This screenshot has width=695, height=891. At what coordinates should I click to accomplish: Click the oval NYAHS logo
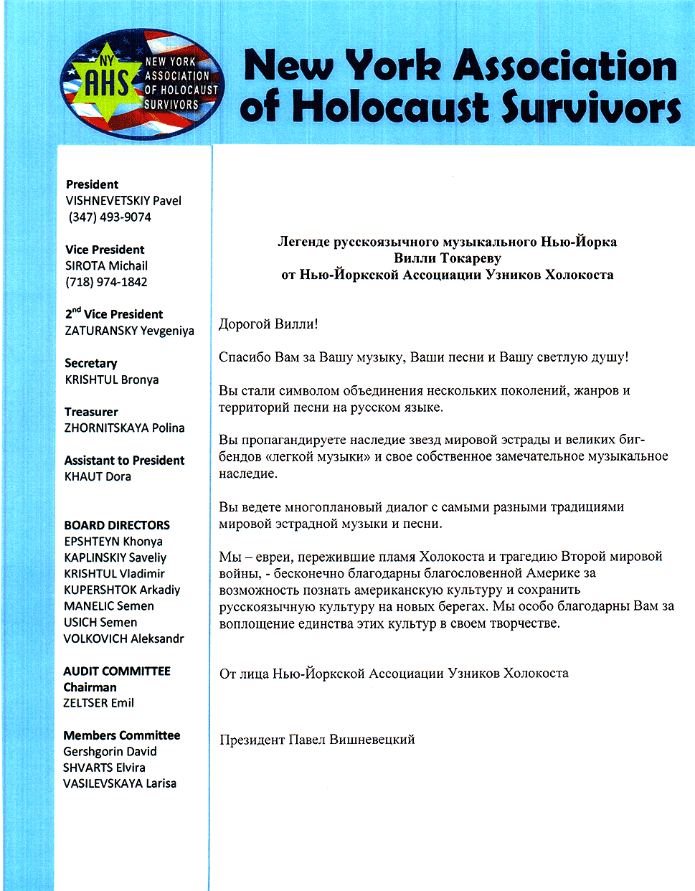[143, 84]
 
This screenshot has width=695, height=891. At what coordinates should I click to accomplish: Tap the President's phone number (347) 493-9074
[110, 217]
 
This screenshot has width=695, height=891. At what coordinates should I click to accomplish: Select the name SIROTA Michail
[106, 265]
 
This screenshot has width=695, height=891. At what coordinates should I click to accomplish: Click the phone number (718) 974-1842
[106, 282]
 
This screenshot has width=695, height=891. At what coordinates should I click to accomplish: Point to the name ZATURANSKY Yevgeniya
[129, 331]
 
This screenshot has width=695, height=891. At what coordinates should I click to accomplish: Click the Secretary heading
[90, 363]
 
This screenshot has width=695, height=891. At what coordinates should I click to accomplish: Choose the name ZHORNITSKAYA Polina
[124, 428]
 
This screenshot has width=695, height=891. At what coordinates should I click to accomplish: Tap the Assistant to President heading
[124, 460]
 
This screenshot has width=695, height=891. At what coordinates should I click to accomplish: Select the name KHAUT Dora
[98, 476]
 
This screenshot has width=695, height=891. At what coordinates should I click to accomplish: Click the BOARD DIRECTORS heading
[117, 525]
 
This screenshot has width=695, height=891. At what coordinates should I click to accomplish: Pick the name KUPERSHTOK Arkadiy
[122, 590]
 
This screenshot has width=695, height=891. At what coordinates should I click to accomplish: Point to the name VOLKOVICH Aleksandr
[123, 638]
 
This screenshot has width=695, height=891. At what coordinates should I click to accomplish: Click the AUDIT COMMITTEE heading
[117, 671]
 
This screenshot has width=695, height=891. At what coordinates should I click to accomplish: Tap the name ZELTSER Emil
[98, 703]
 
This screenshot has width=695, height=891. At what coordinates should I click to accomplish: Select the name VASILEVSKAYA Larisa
[119, 783]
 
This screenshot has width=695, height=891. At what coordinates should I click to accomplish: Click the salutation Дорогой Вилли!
[268, 324]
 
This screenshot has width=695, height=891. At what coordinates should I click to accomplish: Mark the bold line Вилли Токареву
[447, 258]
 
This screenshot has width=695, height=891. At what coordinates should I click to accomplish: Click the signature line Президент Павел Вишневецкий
[317, 740]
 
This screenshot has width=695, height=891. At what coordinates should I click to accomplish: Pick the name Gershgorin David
[110, 751]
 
